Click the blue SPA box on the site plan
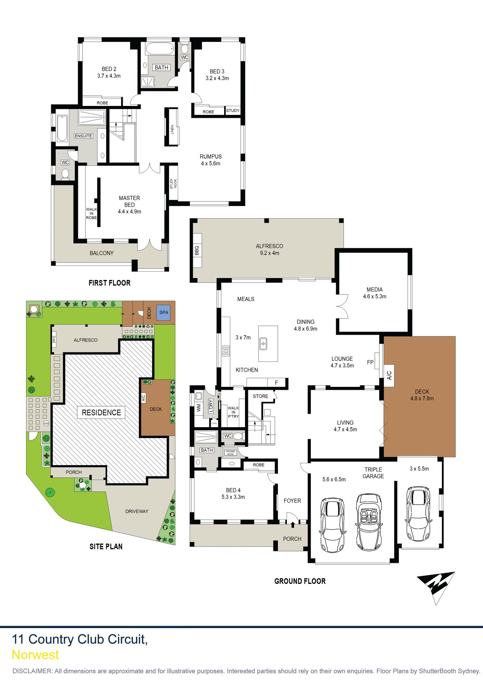click(x=164, y=313)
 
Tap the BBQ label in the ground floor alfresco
click(x=197, y=250)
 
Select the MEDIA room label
click(x=374, y=290)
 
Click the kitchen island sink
click(x=263, y=343)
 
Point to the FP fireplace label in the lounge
click(x=370, y=362)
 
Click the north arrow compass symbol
click(x=437, y=586)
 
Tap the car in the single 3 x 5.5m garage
click(x=418, y=514)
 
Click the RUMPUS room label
click(x=211, y=157)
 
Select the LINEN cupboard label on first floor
click(x=172, y=129)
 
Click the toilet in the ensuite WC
click(x=65, y=174)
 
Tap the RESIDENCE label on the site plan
click(x=101, y=413)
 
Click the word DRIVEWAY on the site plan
click(x=137, y=511)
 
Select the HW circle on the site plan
click(x=46, y=424)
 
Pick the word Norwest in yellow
click(x=35, y=655)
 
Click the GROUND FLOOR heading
click(x=300, y=581)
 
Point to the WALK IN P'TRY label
click(x=233, y=412)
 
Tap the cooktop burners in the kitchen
click(x=226, y=351)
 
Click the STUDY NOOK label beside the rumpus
click(x=173, y=184)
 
